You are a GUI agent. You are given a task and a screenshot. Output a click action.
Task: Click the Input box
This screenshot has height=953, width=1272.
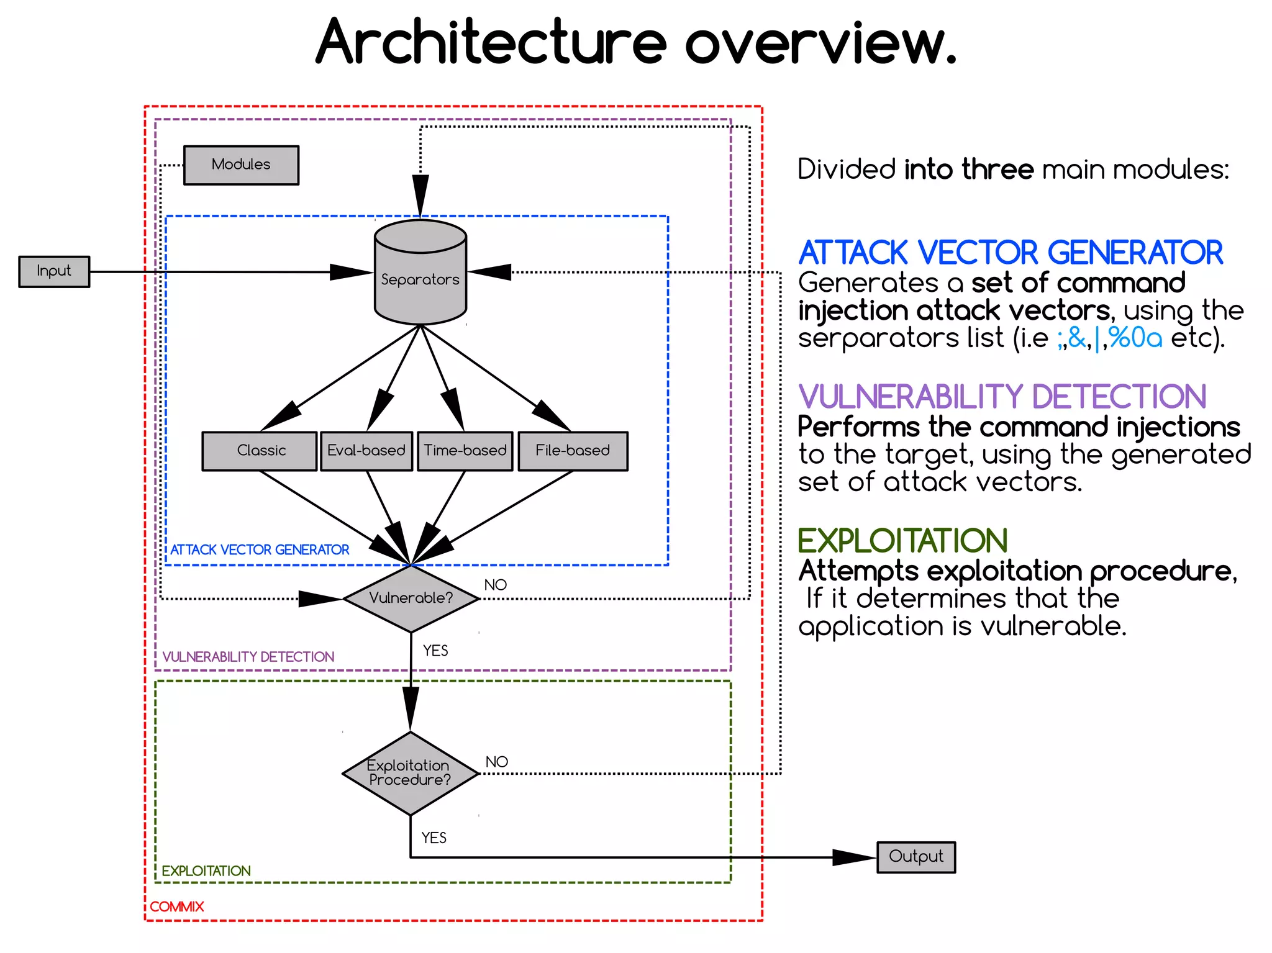click(x=54, y=271)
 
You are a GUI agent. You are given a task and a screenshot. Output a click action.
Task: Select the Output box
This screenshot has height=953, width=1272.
click(x=915, y=857)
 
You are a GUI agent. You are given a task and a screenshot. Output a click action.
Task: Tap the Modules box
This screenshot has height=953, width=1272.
click(x=241, y=165)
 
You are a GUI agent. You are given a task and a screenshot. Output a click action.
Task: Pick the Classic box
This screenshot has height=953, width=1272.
click(x=260, y=451)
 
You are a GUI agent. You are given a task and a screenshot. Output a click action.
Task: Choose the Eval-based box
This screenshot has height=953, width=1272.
click(x=366, y=451)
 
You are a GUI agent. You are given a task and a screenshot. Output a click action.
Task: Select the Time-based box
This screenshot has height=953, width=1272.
click(x=465, y=451)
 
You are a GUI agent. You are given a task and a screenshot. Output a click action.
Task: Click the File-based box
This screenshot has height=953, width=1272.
click(x=573, y=451)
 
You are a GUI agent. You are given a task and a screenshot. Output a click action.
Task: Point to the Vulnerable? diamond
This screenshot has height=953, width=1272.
click(x=411, y=598)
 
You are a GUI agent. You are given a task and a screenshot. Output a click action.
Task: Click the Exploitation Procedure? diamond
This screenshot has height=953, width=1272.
click(x=410, y=773)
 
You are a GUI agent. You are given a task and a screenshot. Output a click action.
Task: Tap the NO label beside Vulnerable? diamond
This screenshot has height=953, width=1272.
click(x=495, y=585)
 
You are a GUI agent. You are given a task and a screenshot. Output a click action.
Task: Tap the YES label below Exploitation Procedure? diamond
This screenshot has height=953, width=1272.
click(x=434, y=838)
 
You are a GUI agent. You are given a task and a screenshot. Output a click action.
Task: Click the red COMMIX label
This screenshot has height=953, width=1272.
click(x=176, y=906)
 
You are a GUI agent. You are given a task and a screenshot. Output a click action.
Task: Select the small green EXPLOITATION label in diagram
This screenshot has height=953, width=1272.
click(x=206, y=871)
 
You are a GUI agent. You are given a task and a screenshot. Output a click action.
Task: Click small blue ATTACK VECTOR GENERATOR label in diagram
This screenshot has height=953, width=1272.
click(x=260, y=549)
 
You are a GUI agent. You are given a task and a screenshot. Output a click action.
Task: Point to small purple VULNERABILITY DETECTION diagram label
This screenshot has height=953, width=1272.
click(x=248, y=657)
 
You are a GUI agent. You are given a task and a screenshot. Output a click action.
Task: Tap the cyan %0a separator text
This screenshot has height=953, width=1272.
click(x=1135, y=338)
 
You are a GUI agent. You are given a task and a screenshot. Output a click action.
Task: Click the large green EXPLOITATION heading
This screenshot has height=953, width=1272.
click(x=902, y=541)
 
